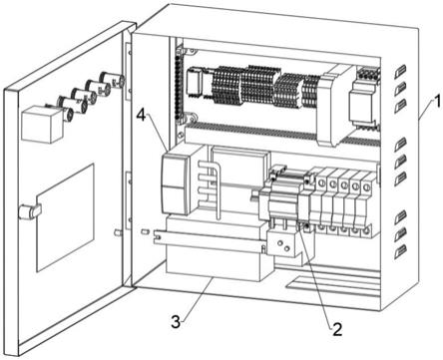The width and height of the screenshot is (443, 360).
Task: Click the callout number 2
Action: (336, 329)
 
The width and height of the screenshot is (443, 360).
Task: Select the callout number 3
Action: (176, 322)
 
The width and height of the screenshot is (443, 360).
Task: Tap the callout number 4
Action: (142, 117)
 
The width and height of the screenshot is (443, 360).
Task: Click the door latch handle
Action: (30, 211)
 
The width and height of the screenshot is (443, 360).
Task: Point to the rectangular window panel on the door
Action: (65, 217)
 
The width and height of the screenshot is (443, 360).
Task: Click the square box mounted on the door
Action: (41, 124)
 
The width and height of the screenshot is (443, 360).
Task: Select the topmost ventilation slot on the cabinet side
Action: (400, 71)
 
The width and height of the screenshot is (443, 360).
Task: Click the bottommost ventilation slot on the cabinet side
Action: (401, 252)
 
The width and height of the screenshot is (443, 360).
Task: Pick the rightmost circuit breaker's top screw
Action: (366, 187)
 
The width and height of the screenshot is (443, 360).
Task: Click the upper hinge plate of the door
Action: (128, 71)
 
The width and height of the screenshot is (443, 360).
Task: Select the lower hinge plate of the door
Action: (128, 200)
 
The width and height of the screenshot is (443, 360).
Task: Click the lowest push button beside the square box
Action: (68, 114)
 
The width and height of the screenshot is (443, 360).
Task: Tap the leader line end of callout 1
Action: (419, 119)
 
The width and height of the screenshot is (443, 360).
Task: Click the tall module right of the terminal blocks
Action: (332, 106)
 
